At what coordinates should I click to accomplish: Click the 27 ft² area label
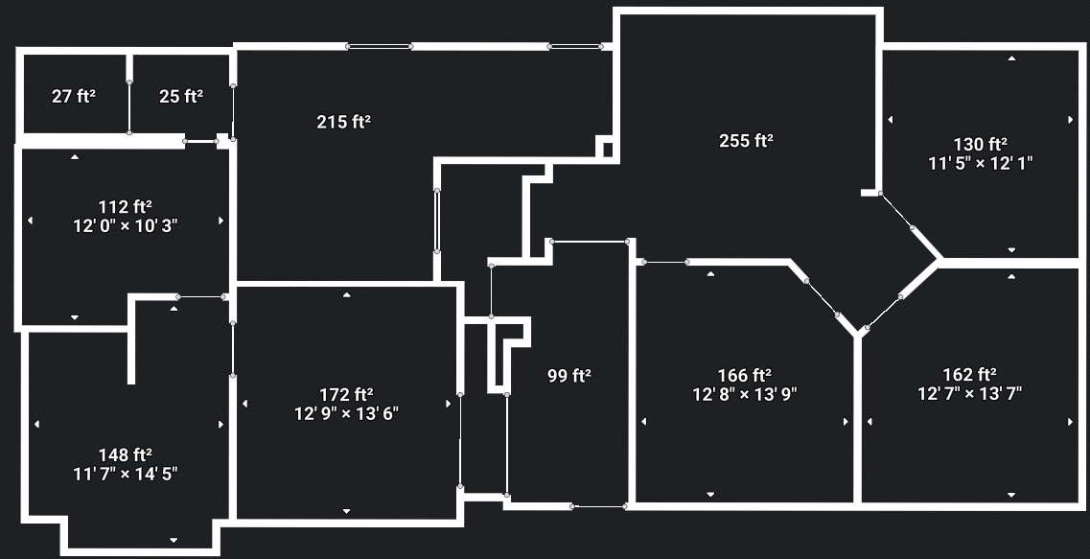click(x=74, y=96)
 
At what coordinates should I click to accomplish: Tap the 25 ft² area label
click(x=181, y=96)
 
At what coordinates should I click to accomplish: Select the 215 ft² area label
click(x=343, y=122)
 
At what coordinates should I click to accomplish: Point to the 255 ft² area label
click(x=746, y=141)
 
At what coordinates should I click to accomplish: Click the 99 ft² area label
click(x=568, y=376)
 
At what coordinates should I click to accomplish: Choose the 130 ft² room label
click(x=980, y=144)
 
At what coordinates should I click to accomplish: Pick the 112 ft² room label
click(x=126, y=206)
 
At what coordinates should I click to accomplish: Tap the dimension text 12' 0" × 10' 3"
click(x=126, y=225)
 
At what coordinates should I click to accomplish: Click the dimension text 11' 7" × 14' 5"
click(x=126, y=473)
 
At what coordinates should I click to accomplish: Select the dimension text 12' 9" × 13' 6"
click(x=346, y=413)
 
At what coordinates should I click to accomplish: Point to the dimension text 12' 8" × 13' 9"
click(x=745, y=393)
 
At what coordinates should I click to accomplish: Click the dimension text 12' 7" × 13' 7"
click(x=969, y=393)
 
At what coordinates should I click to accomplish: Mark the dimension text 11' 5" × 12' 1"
click(x=980, y=163)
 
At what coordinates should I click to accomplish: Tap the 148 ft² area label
click(x=126, y=454)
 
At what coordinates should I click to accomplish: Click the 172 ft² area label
click(x=346, y=394)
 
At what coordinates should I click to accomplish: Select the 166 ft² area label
click(x=745, y=375)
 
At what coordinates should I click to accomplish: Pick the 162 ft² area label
click(x=969, y=375)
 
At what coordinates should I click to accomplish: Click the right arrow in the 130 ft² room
click(x=1071, y=120)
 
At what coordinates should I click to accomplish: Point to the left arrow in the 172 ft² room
click(x=245, y=404)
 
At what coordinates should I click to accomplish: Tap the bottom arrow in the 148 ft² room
click(x=174, y=540)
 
